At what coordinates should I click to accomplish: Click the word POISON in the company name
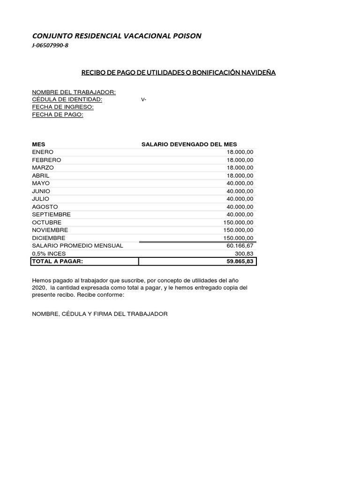pyautogui.click(x=186, y=36)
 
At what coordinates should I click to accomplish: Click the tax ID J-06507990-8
pyautogui.click(x=50, y=45)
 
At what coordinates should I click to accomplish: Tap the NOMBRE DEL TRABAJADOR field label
pyautogui.click(x=74, y=92)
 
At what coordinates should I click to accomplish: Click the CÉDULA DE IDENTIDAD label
pyautogui.click(x=67, y=99)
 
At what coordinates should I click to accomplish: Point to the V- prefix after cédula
pyautogui.click(x=143, y=99)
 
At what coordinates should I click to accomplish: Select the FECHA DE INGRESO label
pyautogui.click(x=63, y=107)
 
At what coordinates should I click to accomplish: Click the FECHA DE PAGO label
pyautogui.click(x=58, y=114)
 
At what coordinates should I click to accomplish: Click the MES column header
pyautogui.click(x=38, y=144)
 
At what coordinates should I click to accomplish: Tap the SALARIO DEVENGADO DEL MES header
pyautogui.click(x=189, y=144)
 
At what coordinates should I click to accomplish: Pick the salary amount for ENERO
pyautogui.click(x=240, y=152)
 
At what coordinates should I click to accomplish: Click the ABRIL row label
pyautogui.click(x=41, y=176)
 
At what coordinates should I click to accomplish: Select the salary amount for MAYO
pyautogui.click(x=240, y=183)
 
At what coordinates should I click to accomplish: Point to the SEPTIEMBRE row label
pyautogui.click(x=51, y=214)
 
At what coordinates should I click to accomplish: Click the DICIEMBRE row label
pyautogui.click(x=49, y=238)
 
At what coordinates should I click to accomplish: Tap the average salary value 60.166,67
pyautogui.click(x=240, y=246)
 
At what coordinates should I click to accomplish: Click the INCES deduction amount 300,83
pyautogui.click(x=244, y=254)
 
